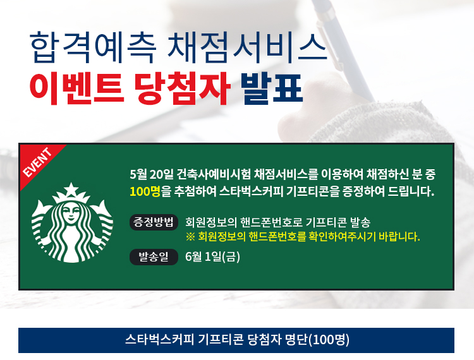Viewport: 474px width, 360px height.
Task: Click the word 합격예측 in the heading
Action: click(93, 48)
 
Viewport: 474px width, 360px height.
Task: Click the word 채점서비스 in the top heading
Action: click(247, 48)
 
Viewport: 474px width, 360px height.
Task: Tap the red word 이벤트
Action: click(76, 89)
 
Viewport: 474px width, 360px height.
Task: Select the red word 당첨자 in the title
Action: click(182, 89)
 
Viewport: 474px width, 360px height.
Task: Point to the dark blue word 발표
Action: click(272, 89)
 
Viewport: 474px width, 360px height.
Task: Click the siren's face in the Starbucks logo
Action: click(71, 213)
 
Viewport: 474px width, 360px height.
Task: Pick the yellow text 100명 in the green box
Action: click(145, 191)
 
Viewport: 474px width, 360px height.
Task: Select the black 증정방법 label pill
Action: click(154, 222)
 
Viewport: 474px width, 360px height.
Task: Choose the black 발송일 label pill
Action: click(154, 257)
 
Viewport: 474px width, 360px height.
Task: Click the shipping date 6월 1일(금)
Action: click(212, 257)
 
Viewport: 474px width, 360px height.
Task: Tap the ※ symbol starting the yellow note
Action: click(190, 237)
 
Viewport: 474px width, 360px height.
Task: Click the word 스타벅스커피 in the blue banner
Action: click(159, 340)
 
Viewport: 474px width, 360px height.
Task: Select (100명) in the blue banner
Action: click(329, 340)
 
